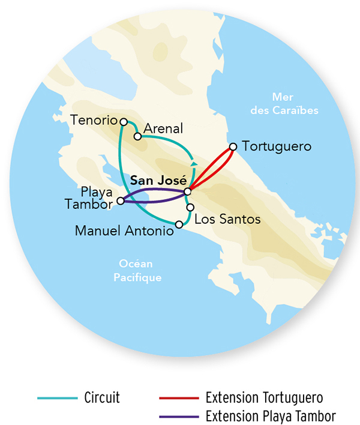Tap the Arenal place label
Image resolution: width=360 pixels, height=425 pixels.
[163, 129]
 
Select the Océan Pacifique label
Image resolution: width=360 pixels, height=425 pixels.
[138, 271]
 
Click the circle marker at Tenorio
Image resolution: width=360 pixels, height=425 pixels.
[124, 122]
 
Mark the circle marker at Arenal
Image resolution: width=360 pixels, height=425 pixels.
[137, 136]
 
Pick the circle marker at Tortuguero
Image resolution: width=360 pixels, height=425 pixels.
[233, 146]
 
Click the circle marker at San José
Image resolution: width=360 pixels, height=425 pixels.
[187, 191]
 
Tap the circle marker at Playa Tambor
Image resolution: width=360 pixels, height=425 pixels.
[121, 201]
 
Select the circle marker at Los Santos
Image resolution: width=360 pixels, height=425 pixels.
[190, 207]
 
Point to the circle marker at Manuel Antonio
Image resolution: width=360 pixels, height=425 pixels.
[179, 225]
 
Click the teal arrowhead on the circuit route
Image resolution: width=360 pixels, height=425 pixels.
[193, 162]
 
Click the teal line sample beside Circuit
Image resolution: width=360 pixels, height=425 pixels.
[58, 397]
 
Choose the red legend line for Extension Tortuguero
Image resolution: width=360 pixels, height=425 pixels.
[178, 397]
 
